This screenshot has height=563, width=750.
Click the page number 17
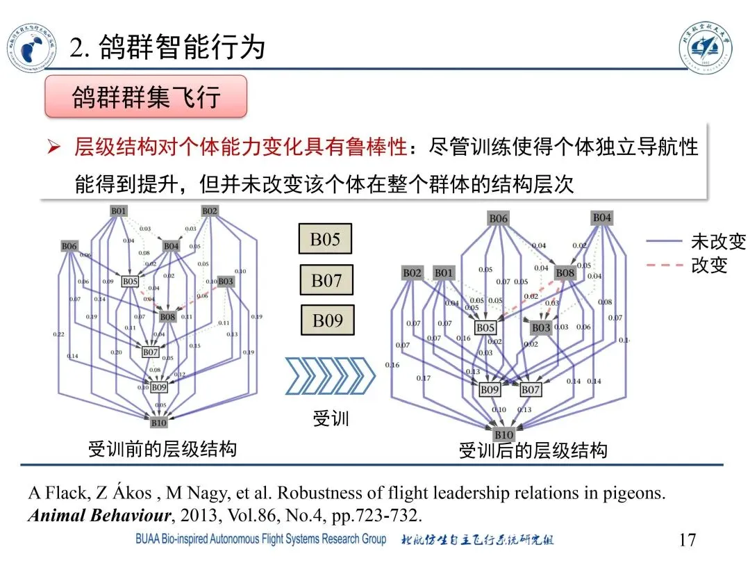(687, 539)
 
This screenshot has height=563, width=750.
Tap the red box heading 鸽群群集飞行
(146, 97)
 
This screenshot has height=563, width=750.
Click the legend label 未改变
(718, 242)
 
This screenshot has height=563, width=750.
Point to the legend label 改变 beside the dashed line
(709, 266)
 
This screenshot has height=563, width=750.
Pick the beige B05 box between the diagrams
(325, 240)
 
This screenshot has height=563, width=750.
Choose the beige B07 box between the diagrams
(326, 281)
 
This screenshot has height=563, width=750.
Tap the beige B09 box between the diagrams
(327, 321)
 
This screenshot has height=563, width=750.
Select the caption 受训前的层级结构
(162, 448)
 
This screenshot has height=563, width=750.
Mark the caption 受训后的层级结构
(533, 450)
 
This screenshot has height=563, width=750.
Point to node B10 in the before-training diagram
(158, 422)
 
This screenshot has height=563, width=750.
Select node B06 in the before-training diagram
(69, 246)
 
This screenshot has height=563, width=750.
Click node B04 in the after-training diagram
(601, 218)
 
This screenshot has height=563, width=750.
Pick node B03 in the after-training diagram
(540, 327)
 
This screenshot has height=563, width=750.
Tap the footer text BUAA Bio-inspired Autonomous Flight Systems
(260, 539)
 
